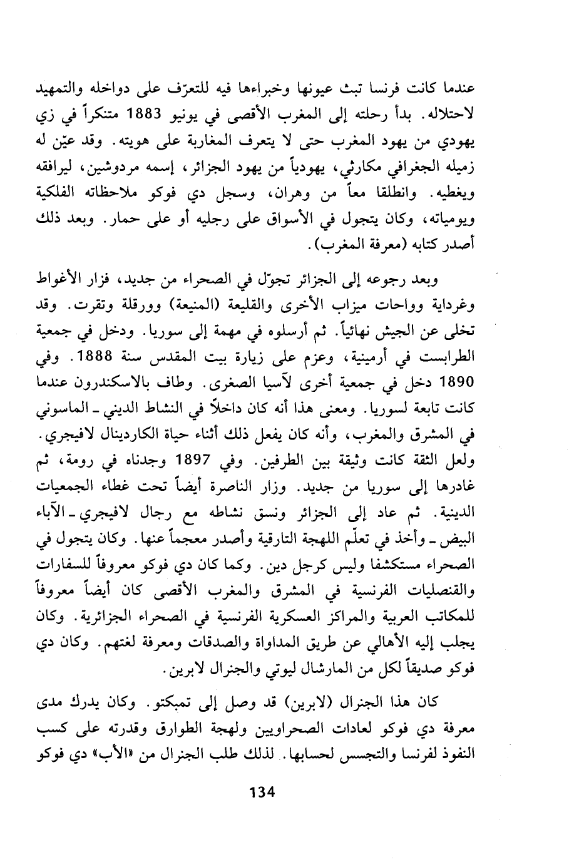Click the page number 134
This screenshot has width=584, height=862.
click(x=262, y=792)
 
